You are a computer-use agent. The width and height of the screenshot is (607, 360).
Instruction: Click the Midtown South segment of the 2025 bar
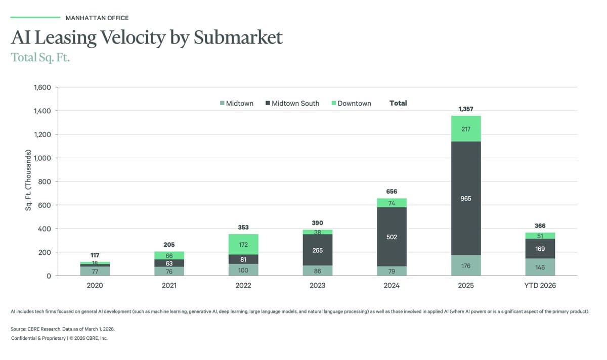(x=466, y=198)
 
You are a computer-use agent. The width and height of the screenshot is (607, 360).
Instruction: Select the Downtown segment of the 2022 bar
(x=243, y=244)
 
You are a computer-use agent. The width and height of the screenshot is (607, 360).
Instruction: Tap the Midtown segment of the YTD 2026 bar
(x=540, y=267)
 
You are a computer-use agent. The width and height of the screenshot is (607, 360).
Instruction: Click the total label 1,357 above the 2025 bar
(x=466, y=109)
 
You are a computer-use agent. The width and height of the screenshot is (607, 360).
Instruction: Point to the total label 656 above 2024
(x=392, y=192)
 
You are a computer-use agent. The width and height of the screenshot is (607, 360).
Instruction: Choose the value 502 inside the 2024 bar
(x=392, y=237)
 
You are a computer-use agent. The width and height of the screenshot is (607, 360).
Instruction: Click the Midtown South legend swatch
(x=267, y=104)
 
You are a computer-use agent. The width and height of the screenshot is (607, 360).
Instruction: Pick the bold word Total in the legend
(x=398, y=103)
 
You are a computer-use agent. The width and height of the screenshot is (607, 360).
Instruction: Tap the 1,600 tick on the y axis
(x=42, y=87)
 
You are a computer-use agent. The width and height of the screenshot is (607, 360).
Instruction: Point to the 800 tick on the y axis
(x=45, y=182)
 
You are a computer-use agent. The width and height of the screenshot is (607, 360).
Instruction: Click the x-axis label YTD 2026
(x=540, y=286)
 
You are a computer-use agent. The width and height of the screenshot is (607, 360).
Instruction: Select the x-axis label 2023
(x=317, y=286)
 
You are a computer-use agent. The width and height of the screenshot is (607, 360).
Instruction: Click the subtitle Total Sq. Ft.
(x=40, y=57)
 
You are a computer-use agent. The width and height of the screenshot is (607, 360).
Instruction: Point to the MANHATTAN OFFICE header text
(x=97, y=18)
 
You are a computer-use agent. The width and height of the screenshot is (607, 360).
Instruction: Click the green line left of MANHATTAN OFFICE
(x=35, y=18)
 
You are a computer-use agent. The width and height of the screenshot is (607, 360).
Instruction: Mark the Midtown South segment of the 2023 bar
(x=317, y=250)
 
